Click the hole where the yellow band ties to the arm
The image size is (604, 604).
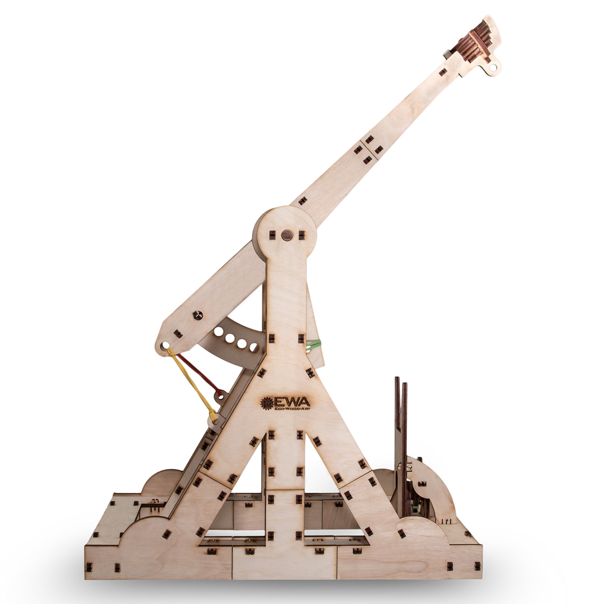(x=165, y=345)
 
